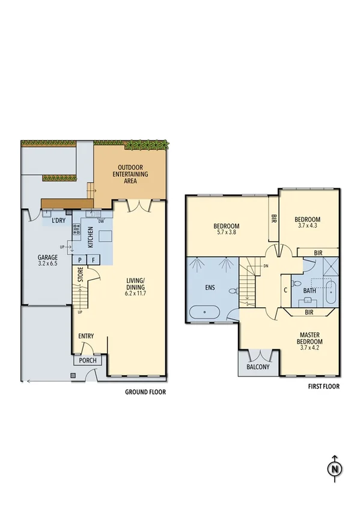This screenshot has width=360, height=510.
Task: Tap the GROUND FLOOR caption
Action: coord(145,392)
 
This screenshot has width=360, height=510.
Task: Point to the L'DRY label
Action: coord(58,221)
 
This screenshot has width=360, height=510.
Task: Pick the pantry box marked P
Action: coord(80,260)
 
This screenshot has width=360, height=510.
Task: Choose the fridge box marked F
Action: coord(94,260)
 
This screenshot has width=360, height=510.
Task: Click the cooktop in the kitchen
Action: coord(76,229)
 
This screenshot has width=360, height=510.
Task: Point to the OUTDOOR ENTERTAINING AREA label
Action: coord(133,174)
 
